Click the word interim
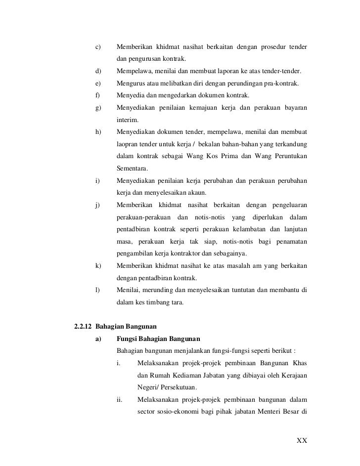coord(128,120)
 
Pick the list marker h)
coord(98,132)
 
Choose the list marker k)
coord(98,266)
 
